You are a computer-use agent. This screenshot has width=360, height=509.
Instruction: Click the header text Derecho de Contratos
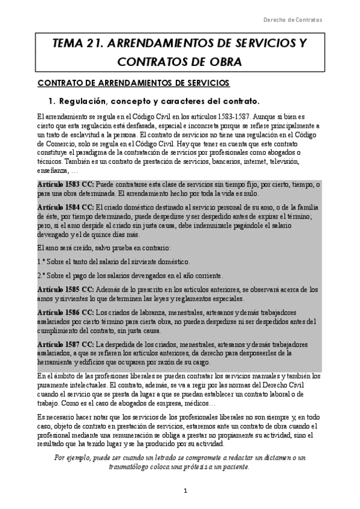coord(293,19)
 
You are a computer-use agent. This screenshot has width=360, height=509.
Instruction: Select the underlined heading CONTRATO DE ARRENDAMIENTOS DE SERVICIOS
coord(133,82)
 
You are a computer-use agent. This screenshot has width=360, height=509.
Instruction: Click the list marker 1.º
coord(41,262)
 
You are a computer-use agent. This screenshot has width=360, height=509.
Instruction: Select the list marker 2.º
coord(41,276)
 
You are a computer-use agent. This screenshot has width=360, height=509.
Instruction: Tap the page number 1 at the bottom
coord(186,491)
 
